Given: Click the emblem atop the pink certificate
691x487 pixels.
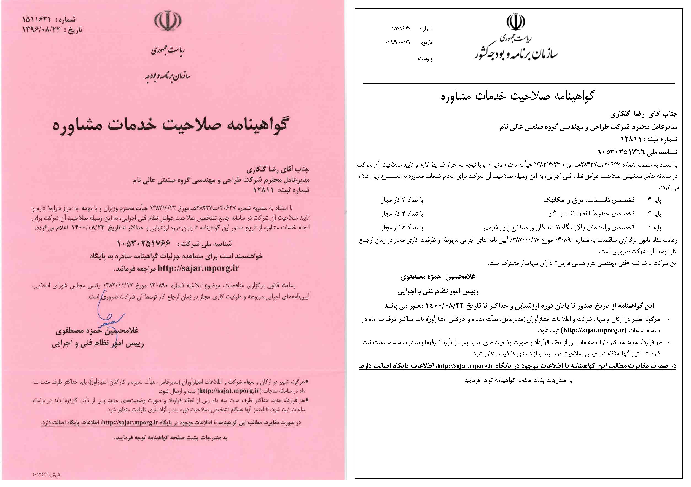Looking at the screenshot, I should tap(168, 21).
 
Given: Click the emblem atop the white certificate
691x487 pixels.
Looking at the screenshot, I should tap(515, 22).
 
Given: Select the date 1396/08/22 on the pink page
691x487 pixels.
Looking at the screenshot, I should tap(41, 30).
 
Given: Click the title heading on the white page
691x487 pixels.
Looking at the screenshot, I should tap(517, 96).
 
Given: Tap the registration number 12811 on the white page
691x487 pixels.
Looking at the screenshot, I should tap(631, 139).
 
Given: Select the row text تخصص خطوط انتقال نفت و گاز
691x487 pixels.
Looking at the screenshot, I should tap(590, 214).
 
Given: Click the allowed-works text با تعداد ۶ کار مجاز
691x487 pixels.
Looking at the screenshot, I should tap(402, 228).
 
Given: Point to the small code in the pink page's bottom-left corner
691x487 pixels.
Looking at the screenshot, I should tap(46, 475).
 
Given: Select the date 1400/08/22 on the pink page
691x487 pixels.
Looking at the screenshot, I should tap(88, 228).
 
